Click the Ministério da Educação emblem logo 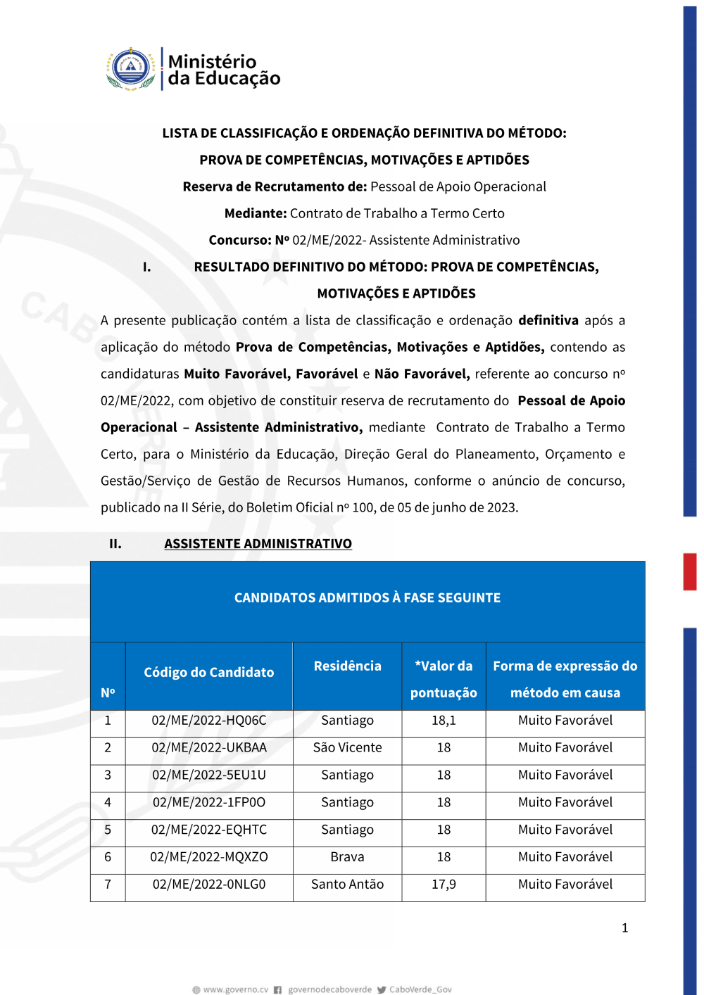[131, 69]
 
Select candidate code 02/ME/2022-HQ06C [209, 721]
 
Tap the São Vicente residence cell [347, 748]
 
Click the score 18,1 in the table [444, 721]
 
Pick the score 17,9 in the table [444, 885]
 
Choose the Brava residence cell [347, 857]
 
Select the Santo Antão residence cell [347, 885]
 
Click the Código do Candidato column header [209, 673]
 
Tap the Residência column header [347, 666]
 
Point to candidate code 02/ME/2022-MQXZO [209, 857]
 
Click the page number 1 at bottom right [624, 928]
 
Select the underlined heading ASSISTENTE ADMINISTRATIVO [258, 544]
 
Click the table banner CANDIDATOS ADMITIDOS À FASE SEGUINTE [367, 598]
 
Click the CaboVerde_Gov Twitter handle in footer [420, 989]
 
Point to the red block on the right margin [690, 571]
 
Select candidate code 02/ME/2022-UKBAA [209, 748]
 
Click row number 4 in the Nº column [108, 803]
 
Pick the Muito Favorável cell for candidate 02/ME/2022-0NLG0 [565, 885]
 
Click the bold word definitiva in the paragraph [548, 321]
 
